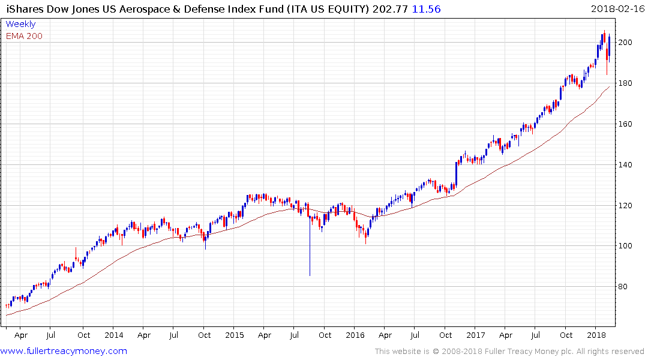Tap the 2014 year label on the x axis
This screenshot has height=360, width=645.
click(113, 335)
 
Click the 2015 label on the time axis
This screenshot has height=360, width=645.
click(234, 335)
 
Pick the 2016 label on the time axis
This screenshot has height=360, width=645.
click(355, 335)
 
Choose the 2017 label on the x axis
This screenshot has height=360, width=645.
click(476, 335)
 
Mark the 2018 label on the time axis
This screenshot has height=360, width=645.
click(596, 335)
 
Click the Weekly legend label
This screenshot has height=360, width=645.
click(20, 24)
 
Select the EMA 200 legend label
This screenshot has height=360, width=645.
click(24, 36)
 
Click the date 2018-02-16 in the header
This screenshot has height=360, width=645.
click(616, 8)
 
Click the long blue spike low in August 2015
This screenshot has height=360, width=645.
click(310, 274)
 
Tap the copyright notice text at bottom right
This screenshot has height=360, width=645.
click(509, 351)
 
